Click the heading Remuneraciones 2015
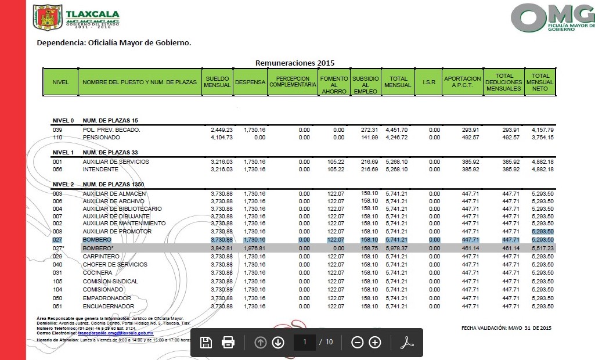click(295, 63)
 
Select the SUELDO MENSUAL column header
click(217, 82)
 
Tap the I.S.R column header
click(429, 82)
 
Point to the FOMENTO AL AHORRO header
click(334, 85)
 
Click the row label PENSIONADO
click(102, 138)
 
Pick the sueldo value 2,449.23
click(222, 129)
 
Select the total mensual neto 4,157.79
click(542, 129)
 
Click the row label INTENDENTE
click(100, 170)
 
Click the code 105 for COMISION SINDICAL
click(57, 281)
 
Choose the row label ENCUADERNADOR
click(109, 306)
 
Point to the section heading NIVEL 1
click(63, 152)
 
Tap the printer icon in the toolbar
click(228, 343)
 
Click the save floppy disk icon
click(205, 343)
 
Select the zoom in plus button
click(375, 343)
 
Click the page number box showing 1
click(304, 342)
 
